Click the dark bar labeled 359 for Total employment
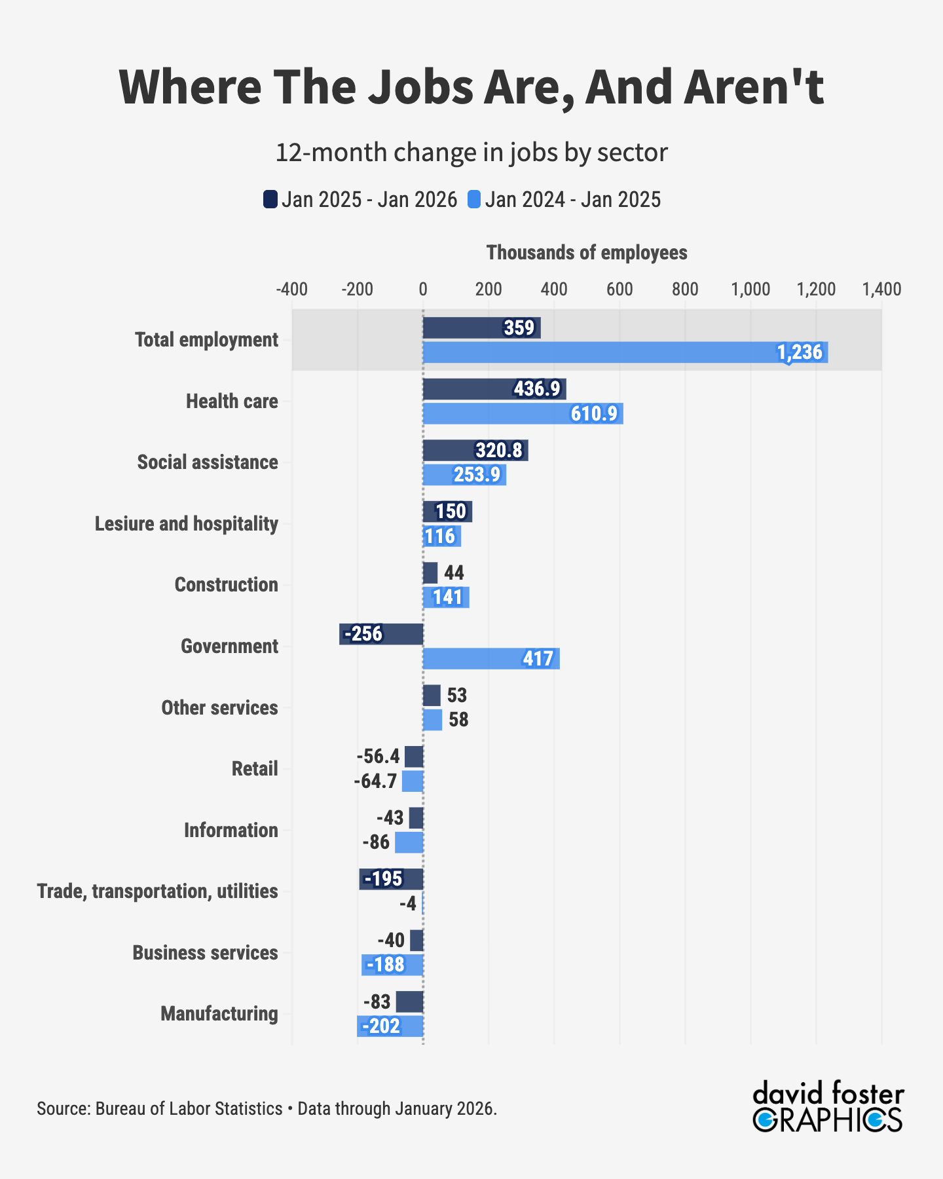[x=481, y=327]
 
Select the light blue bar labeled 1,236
[x=625, y=352]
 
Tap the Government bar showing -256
[x=381, y=634]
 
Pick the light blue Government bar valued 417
[x=491, y=658]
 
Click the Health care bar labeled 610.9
[x=523, y=414]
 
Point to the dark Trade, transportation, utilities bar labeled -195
[x=391, y=879]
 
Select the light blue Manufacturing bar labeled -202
[x=390, y=1026]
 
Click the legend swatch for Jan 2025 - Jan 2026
[x=270, y=199]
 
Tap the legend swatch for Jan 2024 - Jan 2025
[x=474, y=199]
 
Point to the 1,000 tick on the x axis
[x=750, y=290]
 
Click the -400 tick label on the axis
[x=291, y=290]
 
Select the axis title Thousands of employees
[x=587, y=253]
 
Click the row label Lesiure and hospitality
[x=187, y=524]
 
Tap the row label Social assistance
[x=208, y=462]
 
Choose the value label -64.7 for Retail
[x=376, y=781]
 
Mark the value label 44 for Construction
[x=454, y=573]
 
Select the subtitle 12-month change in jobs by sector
[x=471, y=153]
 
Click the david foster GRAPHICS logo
[x=828, y=1107]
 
